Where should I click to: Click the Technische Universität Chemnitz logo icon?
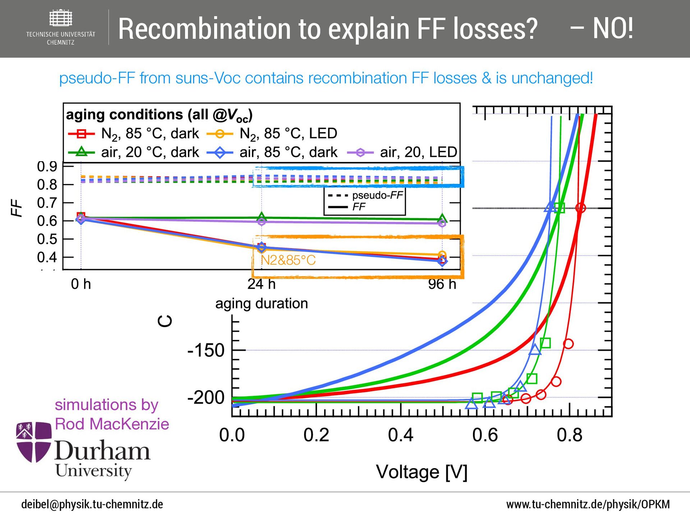[x=60, y=18]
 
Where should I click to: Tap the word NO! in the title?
[x=613, y=29]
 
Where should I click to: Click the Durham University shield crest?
[x=33, y=442]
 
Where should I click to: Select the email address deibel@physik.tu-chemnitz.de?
[x=92, y=504]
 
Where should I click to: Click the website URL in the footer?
[x=588, y=504]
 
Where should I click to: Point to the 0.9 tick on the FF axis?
[x=47, y=166]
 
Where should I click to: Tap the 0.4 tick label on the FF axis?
[x=47, y=257]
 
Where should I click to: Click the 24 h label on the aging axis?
[x=261, y=284]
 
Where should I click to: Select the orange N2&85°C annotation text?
[x=288, y=260]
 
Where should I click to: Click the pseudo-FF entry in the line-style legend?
[x=377, y=195]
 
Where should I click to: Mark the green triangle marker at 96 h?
[x=442, y=218]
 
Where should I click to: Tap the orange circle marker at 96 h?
[x=442, y=255]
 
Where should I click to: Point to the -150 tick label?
[x=206, y=350]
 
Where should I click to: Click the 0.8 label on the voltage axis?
[x=569, y=435]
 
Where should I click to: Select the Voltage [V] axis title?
[x=422, y=472]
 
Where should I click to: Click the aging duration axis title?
[x=261, y=304]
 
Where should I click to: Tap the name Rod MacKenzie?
[x=112, y=424]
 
